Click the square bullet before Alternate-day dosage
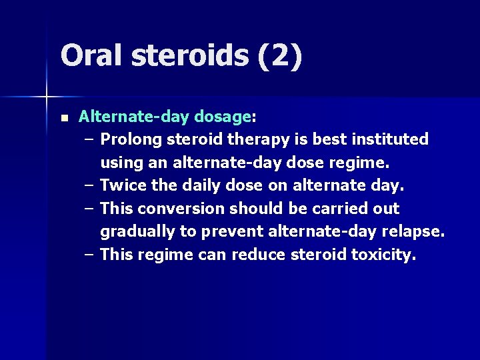(63, 118)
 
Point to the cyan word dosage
(222, 117)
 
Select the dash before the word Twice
(89, 186)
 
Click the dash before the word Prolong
(89, 140)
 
